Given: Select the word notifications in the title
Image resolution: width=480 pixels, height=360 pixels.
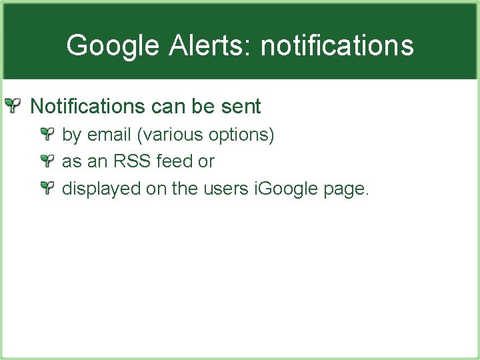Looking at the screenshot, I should (337, 46).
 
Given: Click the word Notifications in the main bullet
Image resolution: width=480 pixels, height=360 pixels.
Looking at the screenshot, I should (87, 106).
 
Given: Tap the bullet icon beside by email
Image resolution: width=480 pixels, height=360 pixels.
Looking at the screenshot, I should (46, 135).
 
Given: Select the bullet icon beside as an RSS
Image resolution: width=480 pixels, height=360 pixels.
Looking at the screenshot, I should (46, 161).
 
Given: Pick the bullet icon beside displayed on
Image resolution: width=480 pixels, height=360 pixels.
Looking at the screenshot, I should (46, 189).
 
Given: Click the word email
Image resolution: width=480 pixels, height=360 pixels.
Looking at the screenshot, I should (109, 135).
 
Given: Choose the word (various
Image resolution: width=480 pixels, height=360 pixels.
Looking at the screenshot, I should (170, 135).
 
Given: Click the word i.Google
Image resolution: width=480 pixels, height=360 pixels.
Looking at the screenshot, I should (287, 189).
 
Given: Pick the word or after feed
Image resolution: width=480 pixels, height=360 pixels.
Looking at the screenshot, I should (206, 162).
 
